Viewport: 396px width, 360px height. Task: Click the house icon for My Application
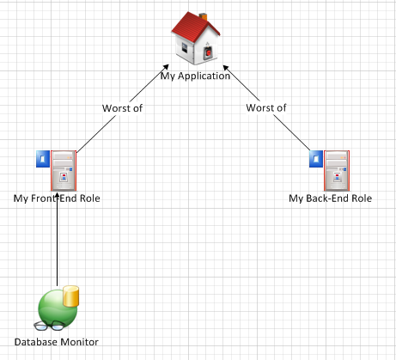pos(196,38)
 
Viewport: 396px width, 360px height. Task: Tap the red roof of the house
pos(192,27)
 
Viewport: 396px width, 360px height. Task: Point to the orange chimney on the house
pos(203,16)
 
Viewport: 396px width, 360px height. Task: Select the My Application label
pos(195,76)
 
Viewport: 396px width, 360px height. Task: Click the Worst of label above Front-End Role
pos(122,108)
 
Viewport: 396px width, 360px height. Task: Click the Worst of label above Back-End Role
pos(266,108)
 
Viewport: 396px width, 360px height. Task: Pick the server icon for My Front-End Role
pos(64,171)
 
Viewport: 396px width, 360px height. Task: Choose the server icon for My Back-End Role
pos(337,171)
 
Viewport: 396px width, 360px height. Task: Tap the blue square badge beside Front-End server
pos(43,159)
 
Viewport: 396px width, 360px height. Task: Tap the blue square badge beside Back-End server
pos(316,159)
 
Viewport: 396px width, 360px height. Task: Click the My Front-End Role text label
pos(57,198)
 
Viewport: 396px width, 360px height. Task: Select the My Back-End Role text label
pos(330,198)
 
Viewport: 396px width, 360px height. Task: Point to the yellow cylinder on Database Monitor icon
pos(70,296)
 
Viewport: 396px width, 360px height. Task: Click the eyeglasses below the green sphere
pos(49,326)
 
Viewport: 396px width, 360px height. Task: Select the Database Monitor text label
pos(57,342)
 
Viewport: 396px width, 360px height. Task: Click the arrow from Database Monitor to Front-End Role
pos(57,239)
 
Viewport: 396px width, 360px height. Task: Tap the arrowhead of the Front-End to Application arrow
pos(166,67)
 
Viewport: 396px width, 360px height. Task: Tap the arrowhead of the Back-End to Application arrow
pos(226,68)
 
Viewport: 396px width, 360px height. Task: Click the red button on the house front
pos(209,52)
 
